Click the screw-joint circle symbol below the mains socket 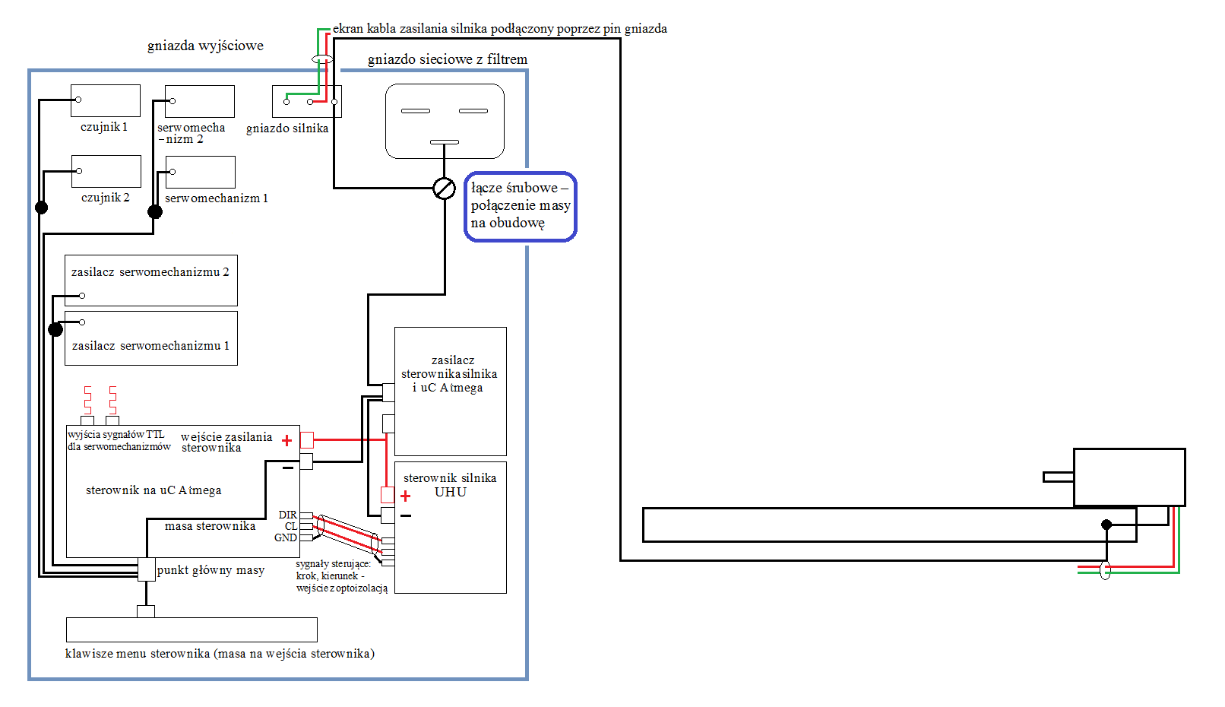click(444, 189)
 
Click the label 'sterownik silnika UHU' click(450, 485)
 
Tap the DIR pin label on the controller click(288, 515)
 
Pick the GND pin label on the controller click(286, 538)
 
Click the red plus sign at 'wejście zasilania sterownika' click(286, 440)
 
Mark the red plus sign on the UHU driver click(405, 496)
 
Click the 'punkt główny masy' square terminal click(147, 569)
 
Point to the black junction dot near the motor click(1106, 525)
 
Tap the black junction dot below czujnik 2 click(41, 208)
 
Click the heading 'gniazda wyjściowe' click(205, 46)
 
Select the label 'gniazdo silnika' click(287, 128)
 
